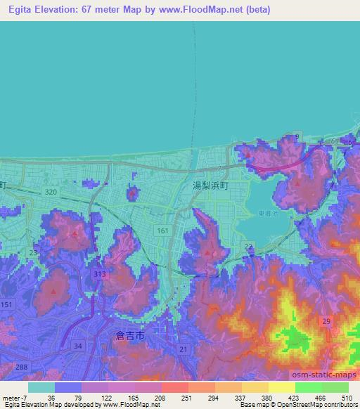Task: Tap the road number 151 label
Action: [7, 304]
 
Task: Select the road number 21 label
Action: [183, 349]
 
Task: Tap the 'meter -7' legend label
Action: [13, 398]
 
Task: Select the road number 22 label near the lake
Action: [248, 246]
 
